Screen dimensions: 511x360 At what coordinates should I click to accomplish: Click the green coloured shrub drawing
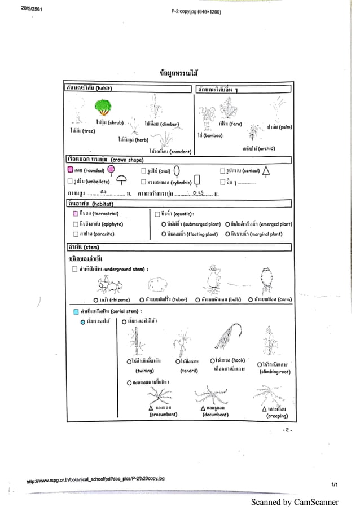[103, 107]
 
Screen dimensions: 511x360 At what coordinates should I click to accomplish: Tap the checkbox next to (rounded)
[70, 169]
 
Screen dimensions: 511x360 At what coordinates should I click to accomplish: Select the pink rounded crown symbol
[111, 170]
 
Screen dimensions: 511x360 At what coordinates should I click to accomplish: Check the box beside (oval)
[143, 170]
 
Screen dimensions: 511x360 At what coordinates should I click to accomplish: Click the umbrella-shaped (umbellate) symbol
[121, 181]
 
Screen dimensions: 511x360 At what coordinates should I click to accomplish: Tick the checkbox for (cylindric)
[143, 182]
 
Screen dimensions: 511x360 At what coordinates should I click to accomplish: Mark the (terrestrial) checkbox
[75, 214]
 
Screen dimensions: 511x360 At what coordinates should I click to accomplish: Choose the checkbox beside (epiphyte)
[75, 224]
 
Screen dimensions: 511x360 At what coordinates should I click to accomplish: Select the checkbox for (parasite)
[75, 234]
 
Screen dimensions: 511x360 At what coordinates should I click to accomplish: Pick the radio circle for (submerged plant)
[163, 224]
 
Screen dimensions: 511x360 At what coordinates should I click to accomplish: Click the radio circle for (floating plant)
[163, 234]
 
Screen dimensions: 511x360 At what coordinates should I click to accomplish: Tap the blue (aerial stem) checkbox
[76, 311]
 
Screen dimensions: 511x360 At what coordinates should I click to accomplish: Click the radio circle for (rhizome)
[96, 300]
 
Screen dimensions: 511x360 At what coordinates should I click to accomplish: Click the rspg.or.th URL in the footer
[95, 479]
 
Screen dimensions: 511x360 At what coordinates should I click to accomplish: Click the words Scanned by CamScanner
[295, 502]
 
